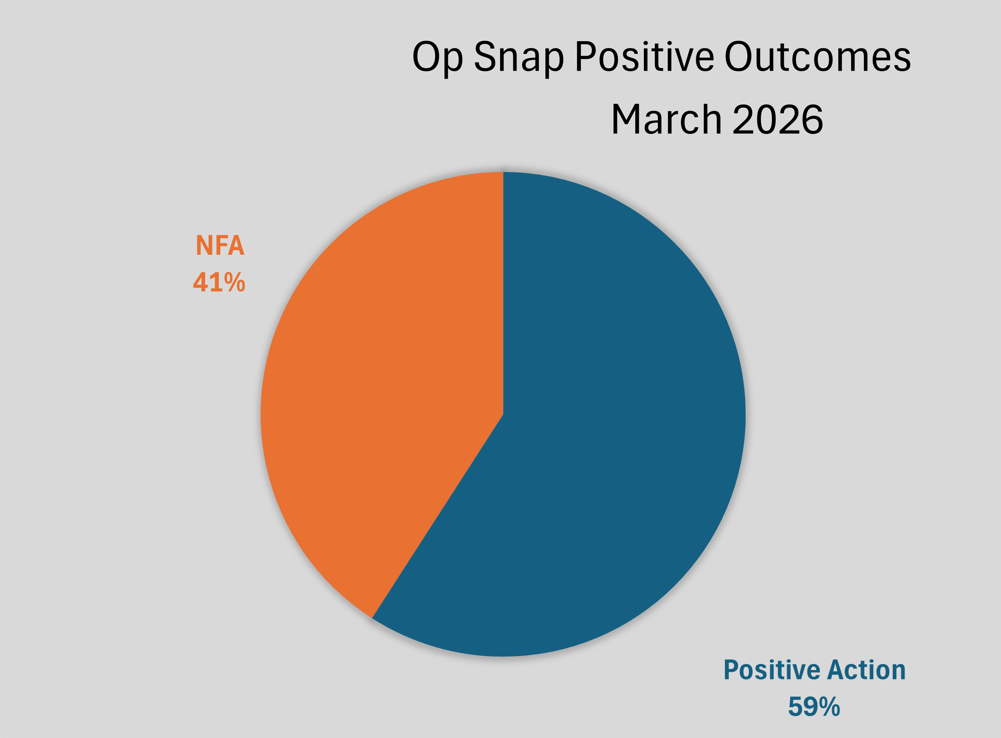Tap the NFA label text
click(220, 245)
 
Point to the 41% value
click(219, 282)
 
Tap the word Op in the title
click(437, 58)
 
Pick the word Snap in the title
click(518, 58)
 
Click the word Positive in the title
click(644, 57)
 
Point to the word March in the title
click(666, 119)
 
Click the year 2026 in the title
click(778, 119)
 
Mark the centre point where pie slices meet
click(503, 414)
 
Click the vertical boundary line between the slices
click(503, 290)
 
